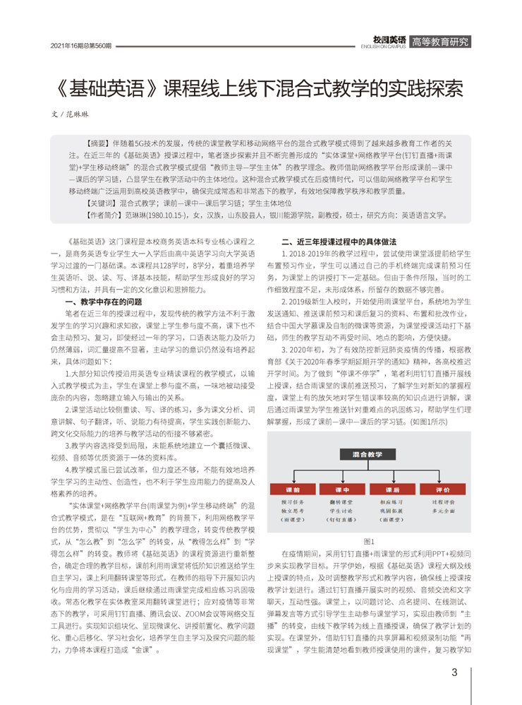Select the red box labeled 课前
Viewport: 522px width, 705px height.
click(293, 490)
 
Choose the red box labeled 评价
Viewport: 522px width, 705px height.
click(442, 490)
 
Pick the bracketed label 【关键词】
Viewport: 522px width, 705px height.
click(99, 202)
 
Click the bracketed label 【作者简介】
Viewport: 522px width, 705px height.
click(103, 214)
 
